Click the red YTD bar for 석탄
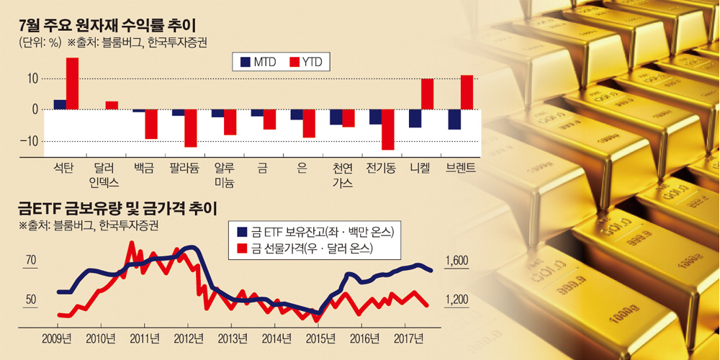(72, 84)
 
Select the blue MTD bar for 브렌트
(454, 120)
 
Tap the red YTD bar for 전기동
(387, 130)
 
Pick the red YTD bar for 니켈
(427, 94)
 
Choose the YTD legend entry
(307, 63)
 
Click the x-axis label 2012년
(189, 338)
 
